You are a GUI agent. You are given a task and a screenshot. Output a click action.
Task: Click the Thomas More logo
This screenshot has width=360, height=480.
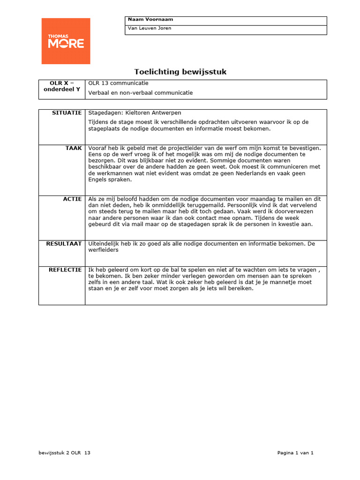66,41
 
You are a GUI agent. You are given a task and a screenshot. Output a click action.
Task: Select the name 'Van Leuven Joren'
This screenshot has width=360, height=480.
150,28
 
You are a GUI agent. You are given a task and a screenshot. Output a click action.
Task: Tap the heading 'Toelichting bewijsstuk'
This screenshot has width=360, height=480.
180,72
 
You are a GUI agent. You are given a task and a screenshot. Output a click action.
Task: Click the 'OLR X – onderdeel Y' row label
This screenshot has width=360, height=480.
62,86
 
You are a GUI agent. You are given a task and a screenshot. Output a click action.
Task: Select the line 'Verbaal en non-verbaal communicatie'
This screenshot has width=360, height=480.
141,93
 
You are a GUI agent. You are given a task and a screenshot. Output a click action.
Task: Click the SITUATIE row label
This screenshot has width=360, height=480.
67,113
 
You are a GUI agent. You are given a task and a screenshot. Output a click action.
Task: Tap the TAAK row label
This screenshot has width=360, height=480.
74,148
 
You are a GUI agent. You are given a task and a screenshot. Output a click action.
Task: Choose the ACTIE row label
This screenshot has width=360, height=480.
72,199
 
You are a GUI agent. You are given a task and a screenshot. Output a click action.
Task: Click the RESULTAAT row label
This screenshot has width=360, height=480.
64,244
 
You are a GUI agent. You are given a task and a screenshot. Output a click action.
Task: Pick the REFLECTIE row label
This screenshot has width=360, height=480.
65,270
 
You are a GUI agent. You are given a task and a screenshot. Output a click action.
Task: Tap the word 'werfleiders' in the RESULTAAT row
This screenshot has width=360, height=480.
103,250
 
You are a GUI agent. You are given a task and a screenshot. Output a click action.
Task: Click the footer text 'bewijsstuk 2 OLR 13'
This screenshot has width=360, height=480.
64,453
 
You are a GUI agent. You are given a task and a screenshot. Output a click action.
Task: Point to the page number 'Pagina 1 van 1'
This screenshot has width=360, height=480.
295,453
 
